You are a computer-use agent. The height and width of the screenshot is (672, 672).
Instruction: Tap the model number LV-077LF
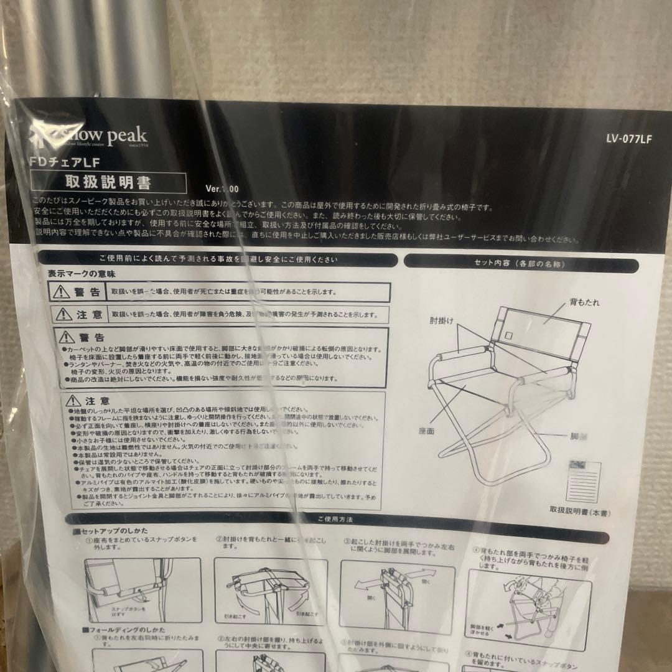click(628, 139)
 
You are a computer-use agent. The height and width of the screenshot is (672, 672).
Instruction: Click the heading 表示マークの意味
click(82, 273)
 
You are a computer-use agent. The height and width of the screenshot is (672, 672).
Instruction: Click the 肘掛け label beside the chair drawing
click(441, 322)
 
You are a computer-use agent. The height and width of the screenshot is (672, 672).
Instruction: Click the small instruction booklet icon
click(584, 480)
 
